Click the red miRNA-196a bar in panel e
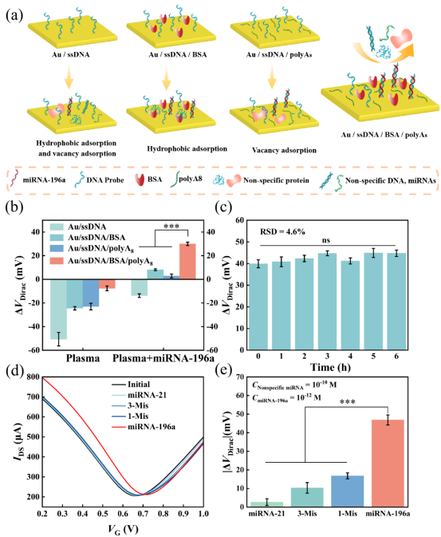[388, 463]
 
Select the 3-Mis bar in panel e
[307, 497]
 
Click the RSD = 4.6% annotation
[282, 231]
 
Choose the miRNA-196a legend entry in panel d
[143, 427]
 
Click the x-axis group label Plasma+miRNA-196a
[163, 358]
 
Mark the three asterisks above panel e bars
[347, 401]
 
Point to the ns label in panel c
[325, 240]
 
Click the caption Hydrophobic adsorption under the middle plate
[187, 149]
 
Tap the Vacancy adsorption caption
[284, 150]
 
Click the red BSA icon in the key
[140, 180]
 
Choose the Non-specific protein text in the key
[276, 180]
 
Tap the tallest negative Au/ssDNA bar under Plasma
[58, 310]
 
